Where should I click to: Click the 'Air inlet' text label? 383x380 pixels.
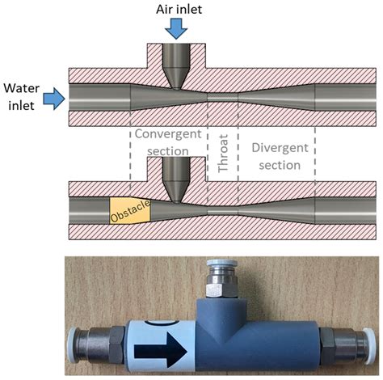(x=176, y=9)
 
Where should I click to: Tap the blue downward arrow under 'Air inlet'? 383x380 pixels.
(x=176, y=28)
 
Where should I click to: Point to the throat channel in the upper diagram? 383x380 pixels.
(x=223, y=97)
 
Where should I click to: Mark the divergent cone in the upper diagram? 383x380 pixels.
(x=275, y=97)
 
